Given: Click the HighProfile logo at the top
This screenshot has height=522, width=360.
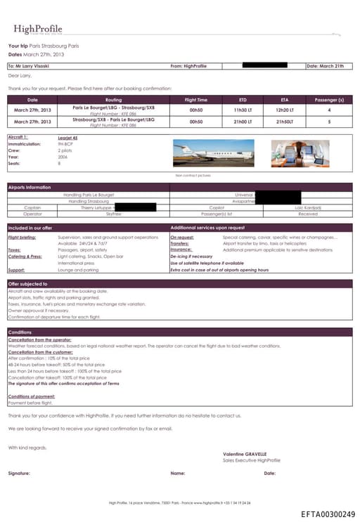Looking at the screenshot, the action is click(x=41, y=30).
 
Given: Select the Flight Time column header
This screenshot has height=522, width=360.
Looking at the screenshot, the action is click(x=195, y=100).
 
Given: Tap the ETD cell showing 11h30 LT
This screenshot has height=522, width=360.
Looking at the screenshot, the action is click(x=244, y=110).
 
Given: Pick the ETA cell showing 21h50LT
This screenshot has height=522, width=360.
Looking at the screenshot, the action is click(x=285, y=122).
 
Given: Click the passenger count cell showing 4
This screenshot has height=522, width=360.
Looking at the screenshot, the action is click(x=329, y=110).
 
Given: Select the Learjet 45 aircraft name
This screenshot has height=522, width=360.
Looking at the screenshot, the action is click(x=68, y=138).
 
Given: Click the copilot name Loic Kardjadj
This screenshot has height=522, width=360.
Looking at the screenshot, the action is click(x=308, y=208).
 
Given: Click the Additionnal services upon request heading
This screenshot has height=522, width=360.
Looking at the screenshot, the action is click(x=207, y=228).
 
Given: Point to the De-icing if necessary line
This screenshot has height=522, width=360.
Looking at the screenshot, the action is click(x=191, y=256).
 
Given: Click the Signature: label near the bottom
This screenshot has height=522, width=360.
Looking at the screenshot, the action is click(x=19, y=474).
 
